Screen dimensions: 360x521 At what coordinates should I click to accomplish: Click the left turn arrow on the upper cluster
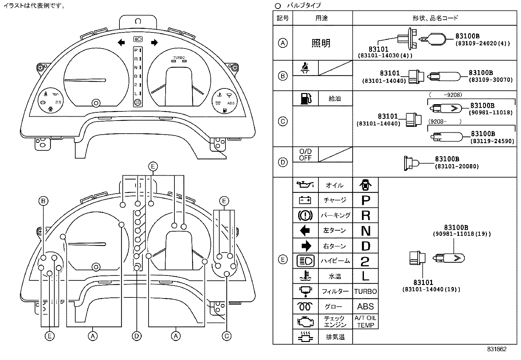pyautogui.click(x=121, y=43)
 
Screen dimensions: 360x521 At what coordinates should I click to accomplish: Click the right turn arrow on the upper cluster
pyautogui.click(x=154, y=43)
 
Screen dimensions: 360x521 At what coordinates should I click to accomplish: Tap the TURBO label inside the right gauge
pyautogui.click(x=179, y=57)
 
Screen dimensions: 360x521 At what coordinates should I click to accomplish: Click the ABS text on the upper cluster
pyautogui.click(x=231, y=103)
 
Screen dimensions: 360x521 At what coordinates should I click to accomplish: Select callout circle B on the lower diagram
pyautogui.click(x=43, y=201)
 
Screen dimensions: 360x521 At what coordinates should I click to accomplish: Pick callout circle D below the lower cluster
pyautogui.click(x=136, y=336)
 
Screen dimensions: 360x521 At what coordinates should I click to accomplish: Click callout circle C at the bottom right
pyautogui.click(x=226, y=336)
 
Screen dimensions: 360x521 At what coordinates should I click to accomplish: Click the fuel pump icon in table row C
pyautogui.click(x=305, y=99)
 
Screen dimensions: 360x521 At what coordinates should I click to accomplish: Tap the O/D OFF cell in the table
pyautogui.click(x=305, y=155)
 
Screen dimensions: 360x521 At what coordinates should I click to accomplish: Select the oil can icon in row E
pyautogui.click(x=305, y=185)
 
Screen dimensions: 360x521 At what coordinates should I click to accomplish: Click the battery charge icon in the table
pyautogui.click(x=305, y=200)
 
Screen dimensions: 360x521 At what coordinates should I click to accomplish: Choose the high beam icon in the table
pyautogui.click(x=305, y=261)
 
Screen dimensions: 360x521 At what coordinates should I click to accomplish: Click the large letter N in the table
pyautogui.click(x=366, y=231)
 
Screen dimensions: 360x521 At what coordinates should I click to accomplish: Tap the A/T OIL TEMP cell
pyautogui.click(x=366, y=322)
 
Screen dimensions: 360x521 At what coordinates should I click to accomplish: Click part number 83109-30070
pyautogui.click(x=491, y=80)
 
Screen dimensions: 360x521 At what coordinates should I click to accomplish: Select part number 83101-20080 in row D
pyautogui.click(x=457, y=166)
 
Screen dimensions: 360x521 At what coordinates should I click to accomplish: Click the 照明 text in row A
pyautogui.click(x=321, y=43)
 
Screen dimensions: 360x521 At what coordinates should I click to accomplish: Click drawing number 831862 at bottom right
pyautogui.click(x=496, y=349)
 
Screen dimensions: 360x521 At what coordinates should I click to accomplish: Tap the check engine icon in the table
pyautogui.click(x=305, y=321)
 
